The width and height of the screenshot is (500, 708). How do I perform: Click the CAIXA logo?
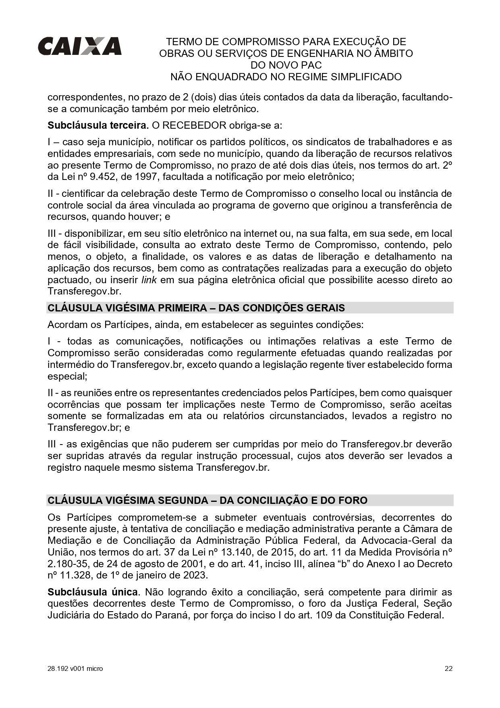click(79, 46)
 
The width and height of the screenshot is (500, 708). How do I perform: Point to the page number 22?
click(448, 668)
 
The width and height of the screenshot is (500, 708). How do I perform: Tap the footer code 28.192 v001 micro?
click(75, 668)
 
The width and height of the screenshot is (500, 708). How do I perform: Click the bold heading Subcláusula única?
click(93, 592)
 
